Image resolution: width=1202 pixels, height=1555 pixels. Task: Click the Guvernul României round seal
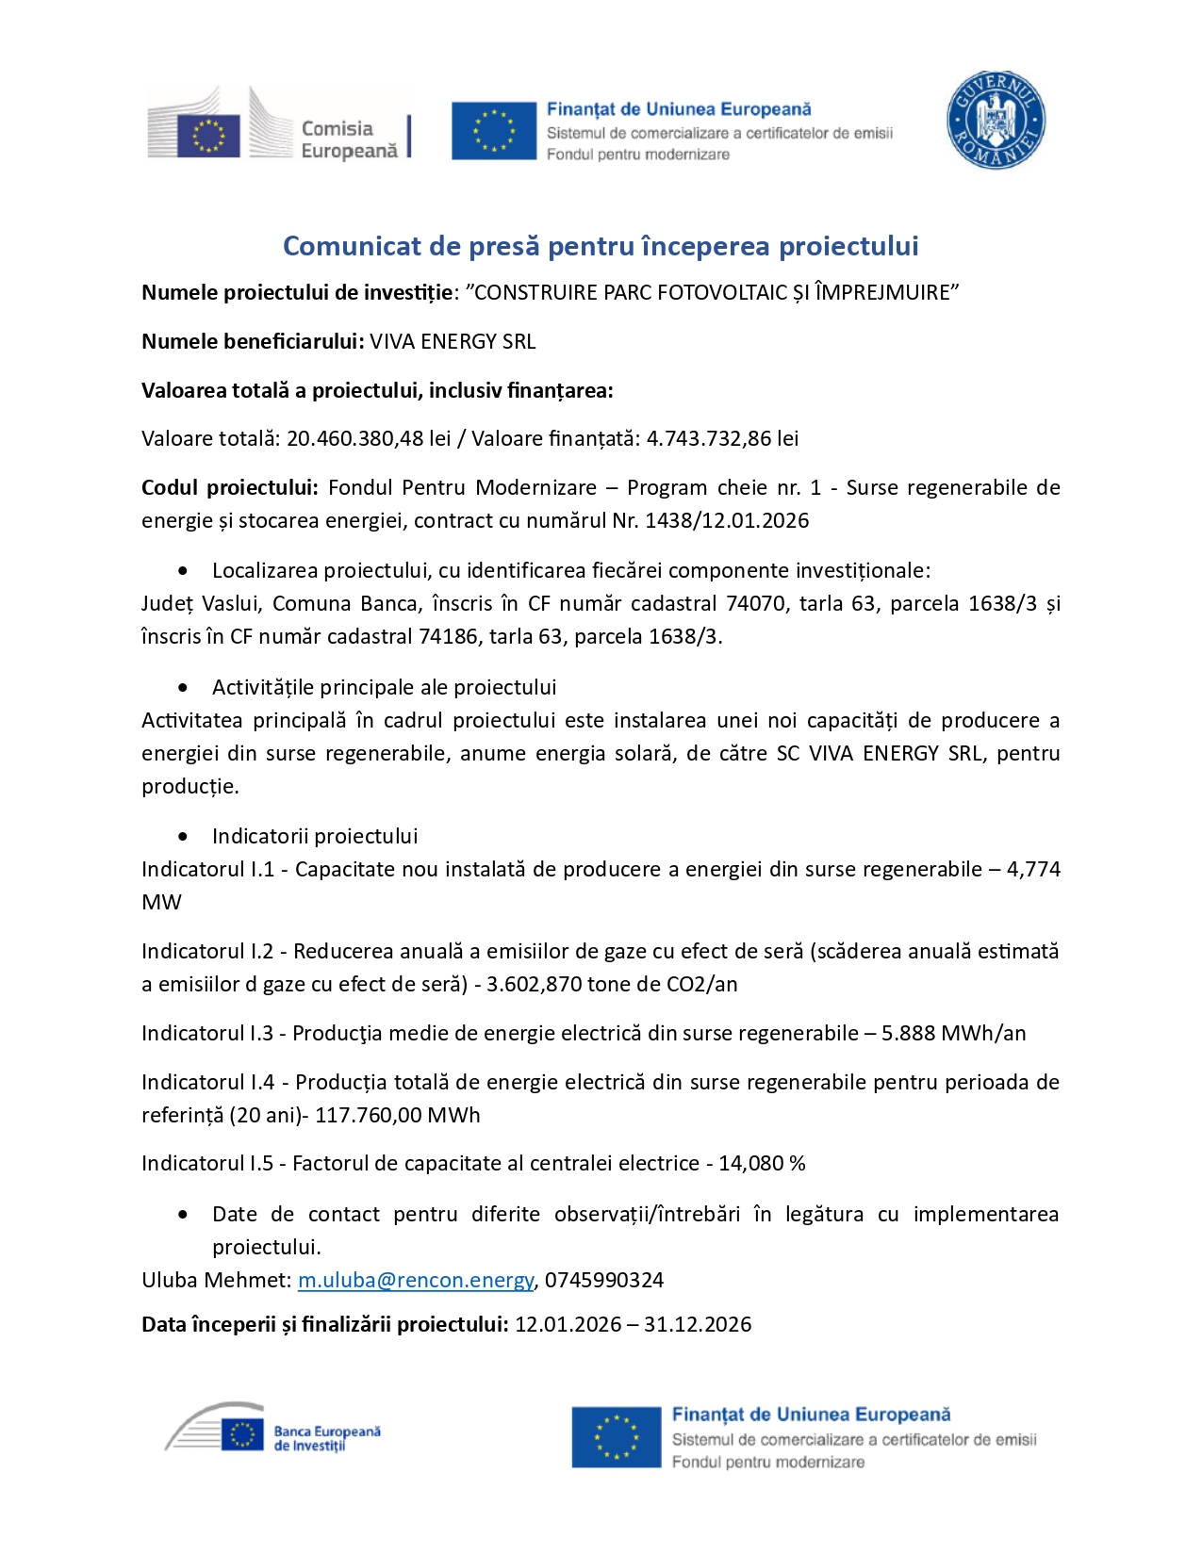[996, 121]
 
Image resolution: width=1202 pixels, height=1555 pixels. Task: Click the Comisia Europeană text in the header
[349, 139]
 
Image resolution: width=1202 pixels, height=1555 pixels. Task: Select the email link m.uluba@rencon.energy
[416, 1280]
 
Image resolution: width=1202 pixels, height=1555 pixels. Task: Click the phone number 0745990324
[604, 1280]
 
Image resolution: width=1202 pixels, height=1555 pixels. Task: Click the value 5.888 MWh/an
[953, 1033]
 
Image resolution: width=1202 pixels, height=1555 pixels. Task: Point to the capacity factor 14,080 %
[762, 1163]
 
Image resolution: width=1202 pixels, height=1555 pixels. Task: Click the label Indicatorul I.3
[207, 1033]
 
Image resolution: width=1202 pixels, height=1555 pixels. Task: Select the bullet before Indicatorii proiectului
[183, 836]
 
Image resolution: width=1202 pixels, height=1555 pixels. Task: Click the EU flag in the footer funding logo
[616, 1437]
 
